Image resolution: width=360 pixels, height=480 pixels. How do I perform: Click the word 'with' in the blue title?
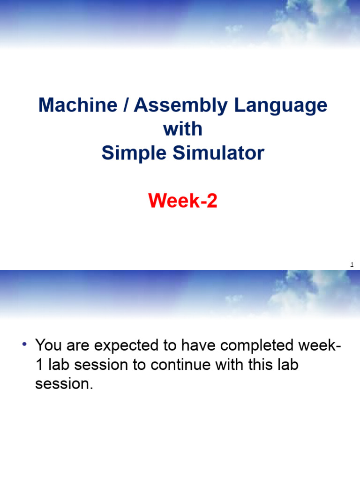tap(183, 129)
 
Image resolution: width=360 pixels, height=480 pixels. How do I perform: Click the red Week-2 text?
tap(183, 202)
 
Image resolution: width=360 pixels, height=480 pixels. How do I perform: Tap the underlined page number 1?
tap(352, 265)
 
